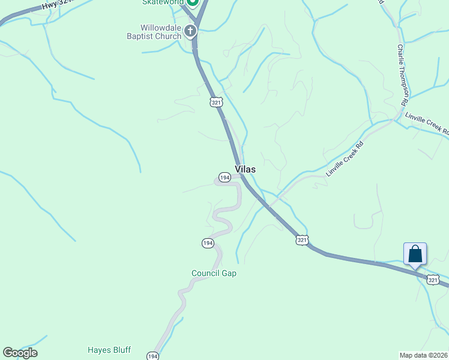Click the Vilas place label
pos(245,170)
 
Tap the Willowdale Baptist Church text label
pos(161,32)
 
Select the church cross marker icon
pos(190,31)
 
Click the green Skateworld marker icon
pos(192,2)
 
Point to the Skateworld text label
pos(162,2)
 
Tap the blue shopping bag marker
pos(415,254)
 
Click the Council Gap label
pos(214,273)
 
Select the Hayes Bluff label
pos(109,350)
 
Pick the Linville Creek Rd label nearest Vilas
pos(345,158)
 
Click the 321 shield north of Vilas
pos(217,103)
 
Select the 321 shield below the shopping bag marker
pos(433,280)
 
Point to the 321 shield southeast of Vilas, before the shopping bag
pos(302,240)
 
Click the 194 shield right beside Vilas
pos(224,178)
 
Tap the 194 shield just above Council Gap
pos(207,243)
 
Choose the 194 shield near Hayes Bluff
pos(152,356)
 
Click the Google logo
pos(20,353)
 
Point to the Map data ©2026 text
pos(424,355)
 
